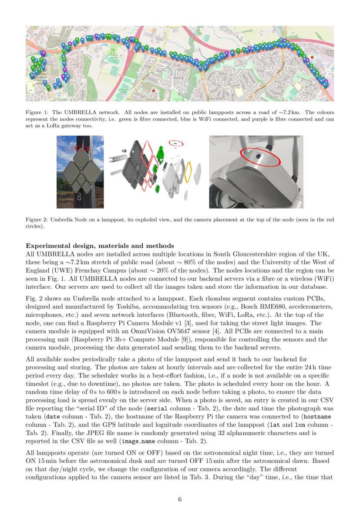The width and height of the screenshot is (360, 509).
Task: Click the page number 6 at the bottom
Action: tap(180, 499)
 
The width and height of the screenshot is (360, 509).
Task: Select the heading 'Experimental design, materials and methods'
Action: tap(100, 246)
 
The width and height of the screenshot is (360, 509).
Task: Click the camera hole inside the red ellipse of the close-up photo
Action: tap(258, 156)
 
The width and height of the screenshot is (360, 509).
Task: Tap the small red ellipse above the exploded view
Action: tap(176, 143)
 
